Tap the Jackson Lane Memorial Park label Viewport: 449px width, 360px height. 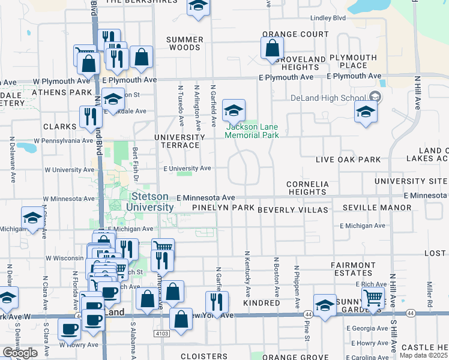[x=252, y=131]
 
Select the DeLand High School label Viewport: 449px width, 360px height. [x=329, y=98]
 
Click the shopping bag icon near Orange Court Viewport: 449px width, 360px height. [x=272, y=49]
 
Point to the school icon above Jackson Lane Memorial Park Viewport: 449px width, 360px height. [x=234, y=110]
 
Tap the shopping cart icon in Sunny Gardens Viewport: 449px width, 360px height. [x=373, y=297]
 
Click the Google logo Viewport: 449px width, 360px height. [x=20, y=353]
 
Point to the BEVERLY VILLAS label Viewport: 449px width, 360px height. [x=293, y=210]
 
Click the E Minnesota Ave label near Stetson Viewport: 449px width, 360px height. [x=205, y=197]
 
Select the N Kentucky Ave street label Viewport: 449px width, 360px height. [x=247, y=268]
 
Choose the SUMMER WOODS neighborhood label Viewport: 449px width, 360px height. [x=184, y=43]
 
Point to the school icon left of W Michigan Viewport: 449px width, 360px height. [x=32, y=218]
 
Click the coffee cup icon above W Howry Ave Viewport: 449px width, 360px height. [x=69, y=329]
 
